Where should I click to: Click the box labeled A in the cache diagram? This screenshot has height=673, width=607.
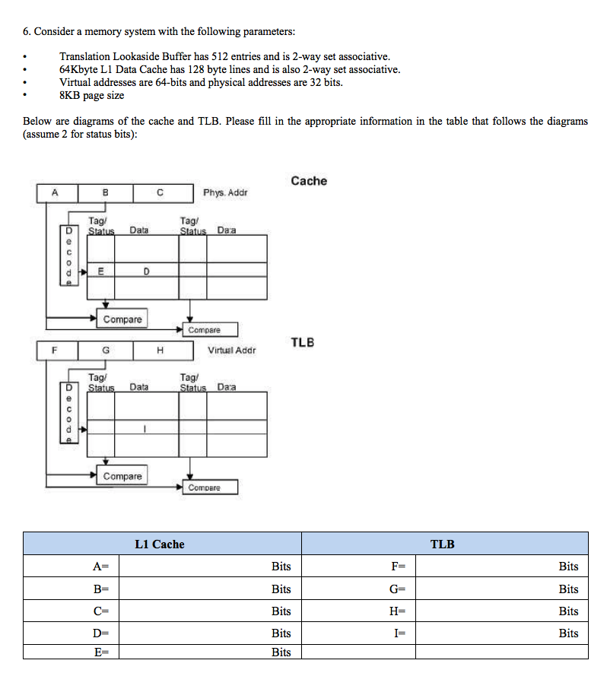point(55,193)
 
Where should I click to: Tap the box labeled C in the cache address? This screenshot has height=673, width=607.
point(160,193)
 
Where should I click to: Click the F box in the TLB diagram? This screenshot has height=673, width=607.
point(55,351)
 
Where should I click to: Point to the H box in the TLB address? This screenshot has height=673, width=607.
point(160,351)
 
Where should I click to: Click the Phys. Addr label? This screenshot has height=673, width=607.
point(225,193)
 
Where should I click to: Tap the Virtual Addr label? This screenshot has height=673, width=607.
point(231,351)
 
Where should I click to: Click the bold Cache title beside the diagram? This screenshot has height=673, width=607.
point(309,181)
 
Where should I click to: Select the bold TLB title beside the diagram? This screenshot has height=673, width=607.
point(302,343)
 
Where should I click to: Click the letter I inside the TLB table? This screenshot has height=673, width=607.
point(145,428)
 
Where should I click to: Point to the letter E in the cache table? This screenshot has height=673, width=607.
point(101,271)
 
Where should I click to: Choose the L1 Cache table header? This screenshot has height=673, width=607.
point(159,544)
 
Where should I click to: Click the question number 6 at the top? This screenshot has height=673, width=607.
point(27,31)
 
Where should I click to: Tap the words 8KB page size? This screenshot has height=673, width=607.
point(91,95)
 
